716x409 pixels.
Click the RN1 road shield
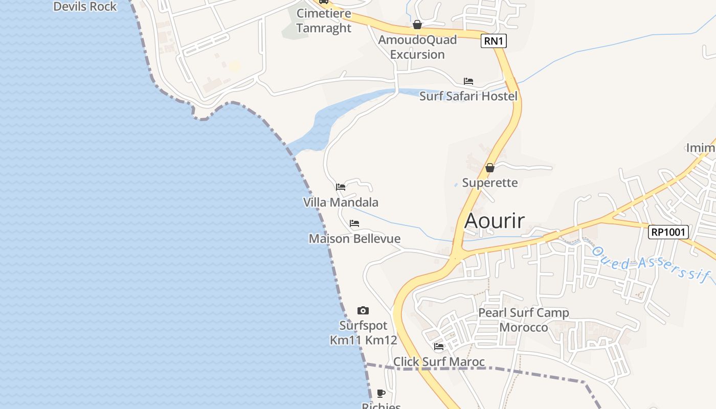(x=494, y=41)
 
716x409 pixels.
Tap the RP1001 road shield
(x=668, y=232)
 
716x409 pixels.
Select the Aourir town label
(x=495, y=221)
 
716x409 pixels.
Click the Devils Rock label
(x=85, y=7)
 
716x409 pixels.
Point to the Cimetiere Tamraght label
(x=324, y=20)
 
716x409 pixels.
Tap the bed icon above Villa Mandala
(x=341, y=187)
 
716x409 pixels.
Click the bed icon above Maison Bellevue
(x=354, y=223)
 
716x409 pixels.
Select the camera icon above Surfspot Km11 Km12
(x=363, y=310)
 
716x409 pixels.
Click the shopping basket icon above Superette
(x=490, y=167)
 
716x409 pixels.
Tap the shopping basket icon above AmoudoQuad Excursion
(x=417, y=25)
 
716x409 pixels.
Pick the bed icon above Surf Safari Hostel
(x=468, y=81)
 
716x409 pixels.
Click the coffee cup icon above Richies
(x=381, y=393)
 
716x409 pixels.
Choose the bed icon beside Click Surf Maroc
(x=439, y=347)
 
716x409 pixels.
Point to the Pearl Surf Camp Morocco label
(x=523, y=320)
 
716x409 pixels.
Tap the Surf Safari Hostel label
(x=468, y=96)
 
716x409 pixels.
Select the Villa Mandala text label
(x=341, y=202)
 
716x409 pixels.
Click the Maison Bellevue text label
(x=354, y=239)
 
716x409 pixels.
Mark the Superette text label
(x=490, y=183)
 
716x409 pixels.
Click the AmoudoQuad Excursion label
(x=417, y=47)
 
